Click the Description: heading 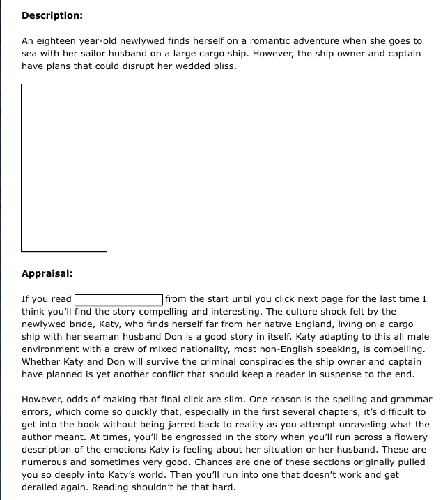[x=52, y=15]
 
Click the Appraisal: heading [x=47, y=273]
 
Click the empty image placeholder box [x=64, y=167]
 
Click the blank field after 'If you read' [x=119, y=299]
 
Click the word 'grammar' [x=406, y=400]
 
